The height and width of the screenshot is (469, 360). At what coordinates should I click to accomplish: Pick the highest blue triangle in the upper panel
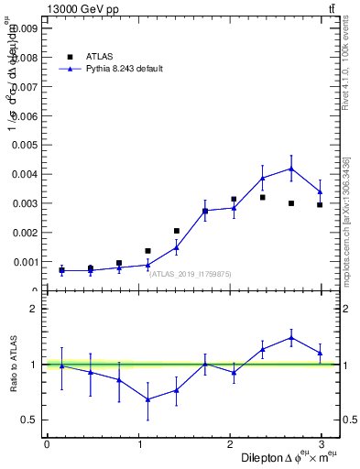point(291,169)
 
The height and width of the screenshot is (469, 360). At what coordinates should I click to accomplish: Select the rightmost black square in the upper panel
point(320,204)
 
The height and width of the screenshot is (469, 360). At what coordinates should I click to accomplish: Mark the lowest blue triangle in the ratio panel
point(148,399)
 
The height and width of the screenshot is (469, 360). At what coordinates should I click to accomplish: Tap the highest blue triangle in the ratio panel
point(291,337)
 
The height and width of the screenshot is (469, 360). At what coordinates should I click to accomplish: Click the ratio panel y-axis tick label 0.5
point(29,420)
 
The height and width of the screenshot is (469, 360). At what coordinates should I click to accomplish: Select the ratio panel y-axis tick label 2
point(34,309)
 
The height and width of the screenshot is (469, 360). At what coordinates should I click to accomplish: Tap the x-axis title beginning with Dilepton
point(289,457)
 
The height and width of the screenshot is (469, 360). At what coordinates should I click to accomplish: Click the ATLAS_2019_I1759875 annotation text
point(191,273)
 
